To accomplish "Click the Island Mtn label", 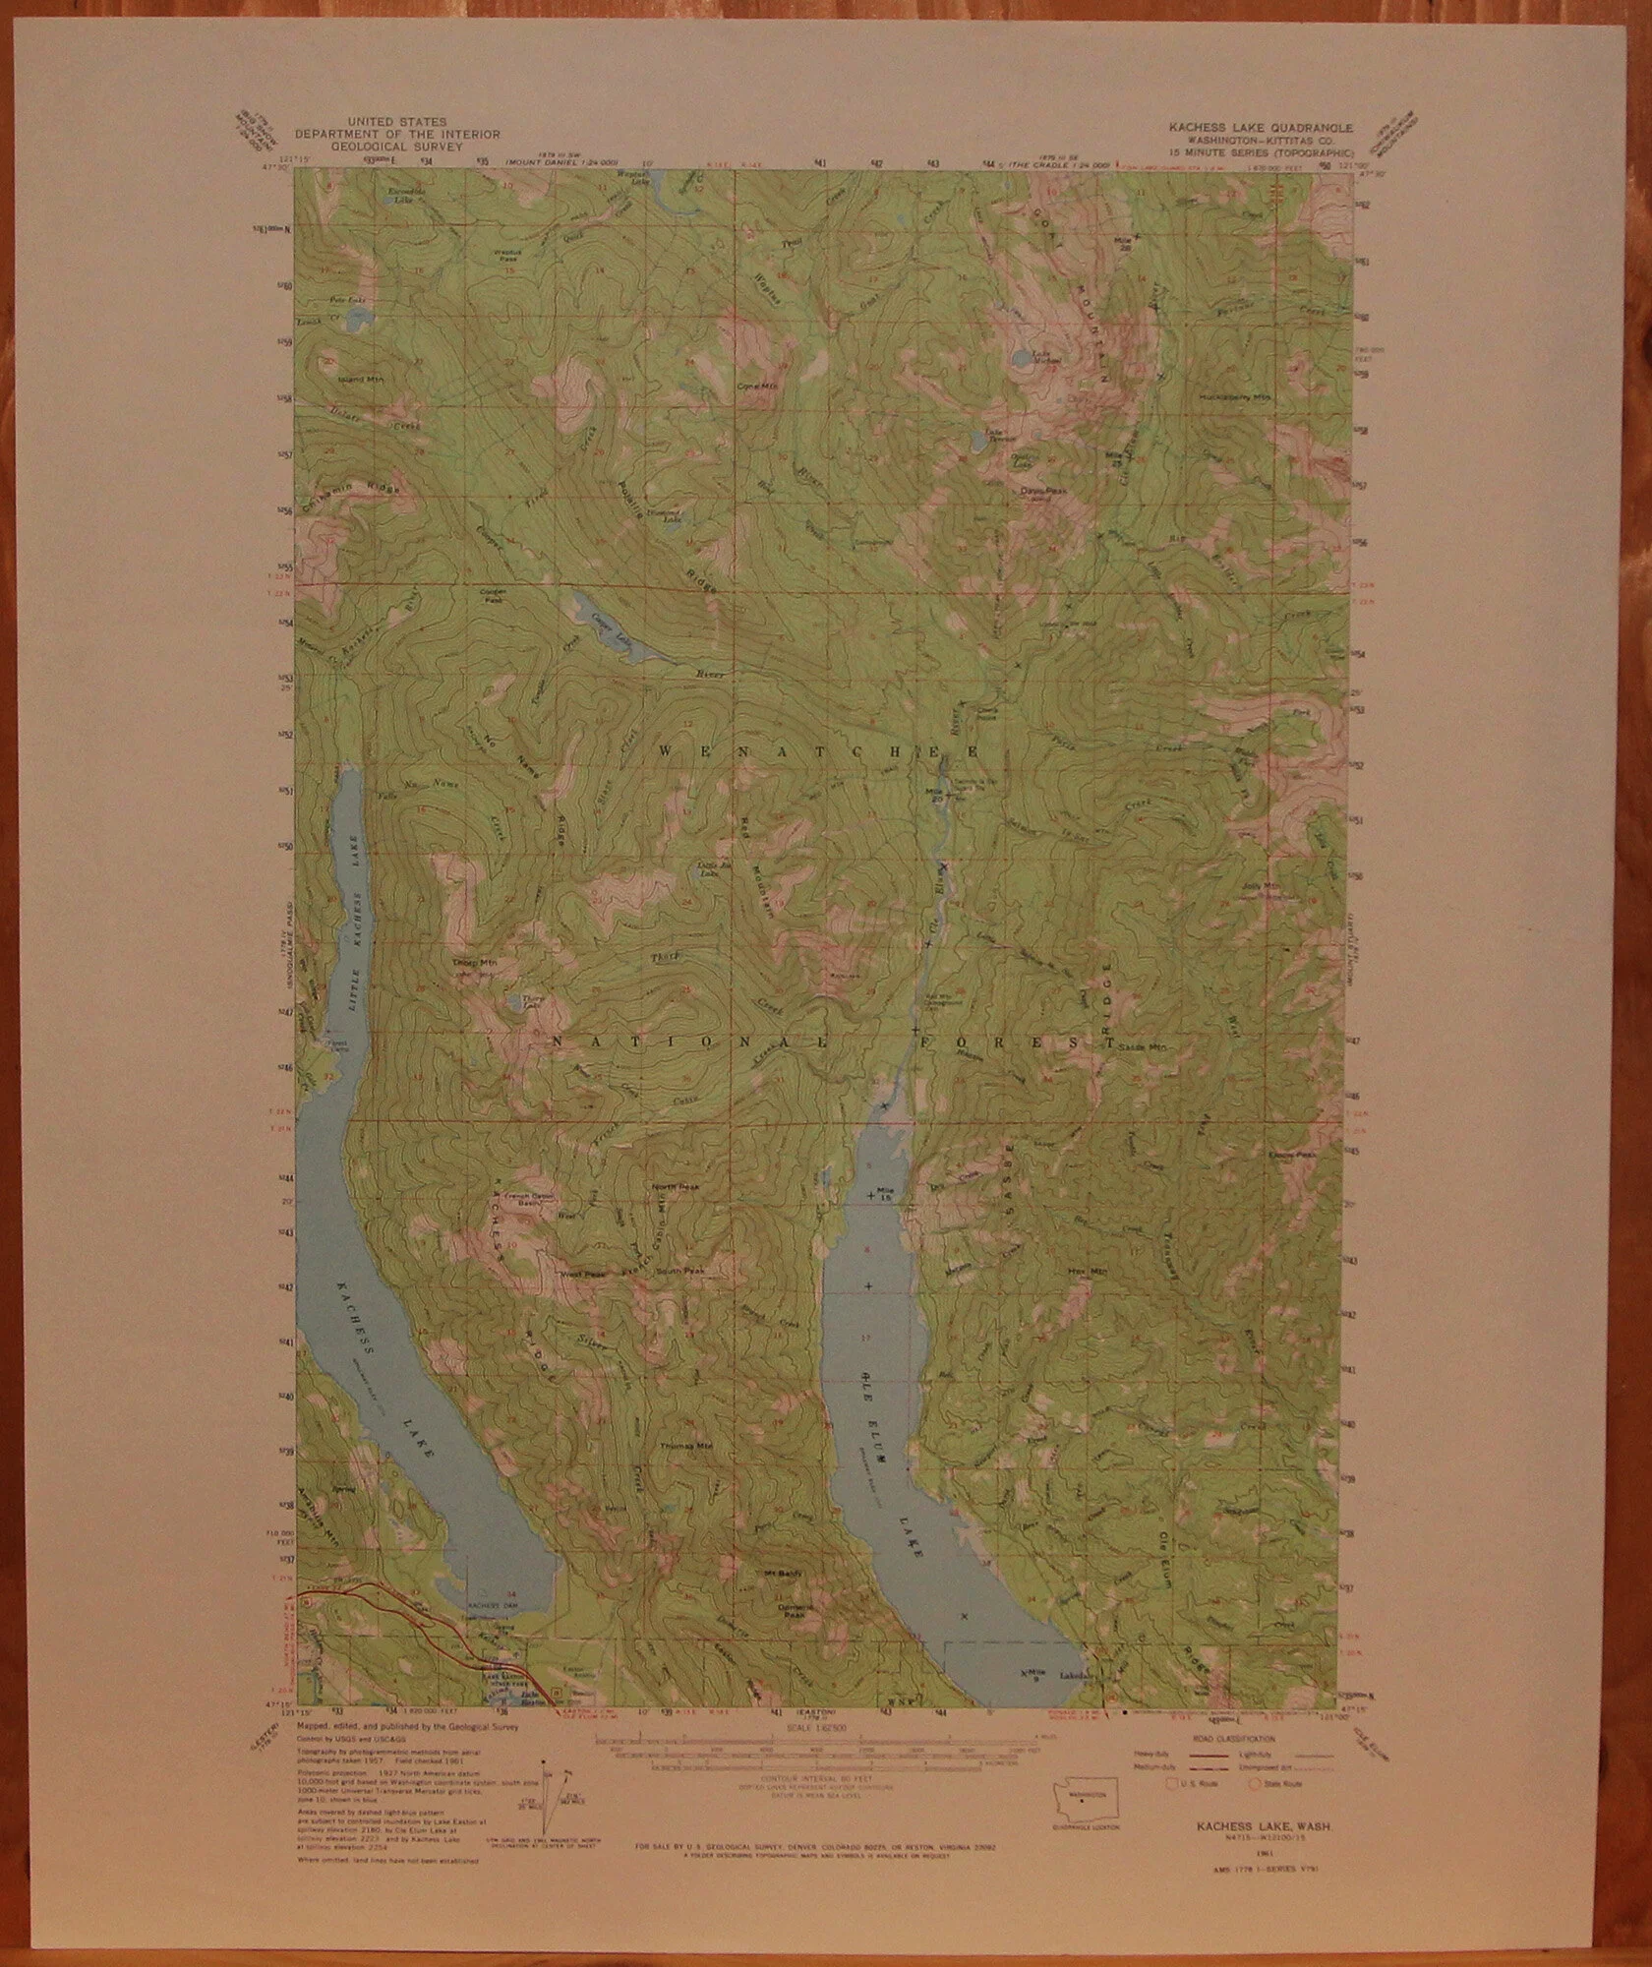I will click(x=359, y=379).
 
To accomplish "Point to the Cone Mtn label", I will click(x=751, y=386).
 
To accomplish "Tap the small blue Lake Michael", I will click(x=1025, y=357).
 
